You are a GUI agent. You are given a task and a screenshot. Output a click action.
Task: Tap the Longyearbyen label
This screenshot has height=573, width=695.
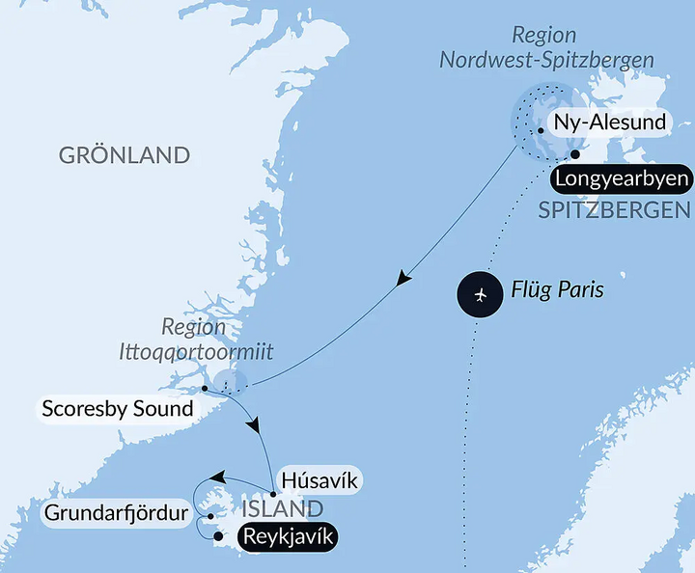(x=622, y=179)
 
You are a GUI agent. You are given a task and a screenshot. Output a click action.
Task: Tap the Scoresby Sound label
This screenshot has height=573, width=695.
(x=118, y=409)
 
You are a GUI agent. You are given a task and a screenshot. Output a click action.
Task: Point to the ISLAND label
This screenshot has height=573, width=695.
(x=282, y=508)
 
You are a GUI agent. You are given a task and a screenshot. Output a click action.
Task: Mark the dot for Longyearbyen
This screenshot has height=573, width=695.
(x=575, y=154)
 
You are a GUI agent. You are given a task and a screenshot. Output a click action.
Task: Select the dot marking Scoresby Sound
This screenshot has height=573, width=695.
(x=204, y=389)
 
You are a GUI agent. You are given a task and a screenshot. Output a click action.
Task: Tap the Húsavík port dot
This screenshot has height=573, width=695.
(x=274, y=495)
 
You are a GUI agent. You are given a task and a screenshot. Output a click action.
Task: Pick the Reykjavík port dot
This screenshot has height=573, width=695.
(x=218, y=536)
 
